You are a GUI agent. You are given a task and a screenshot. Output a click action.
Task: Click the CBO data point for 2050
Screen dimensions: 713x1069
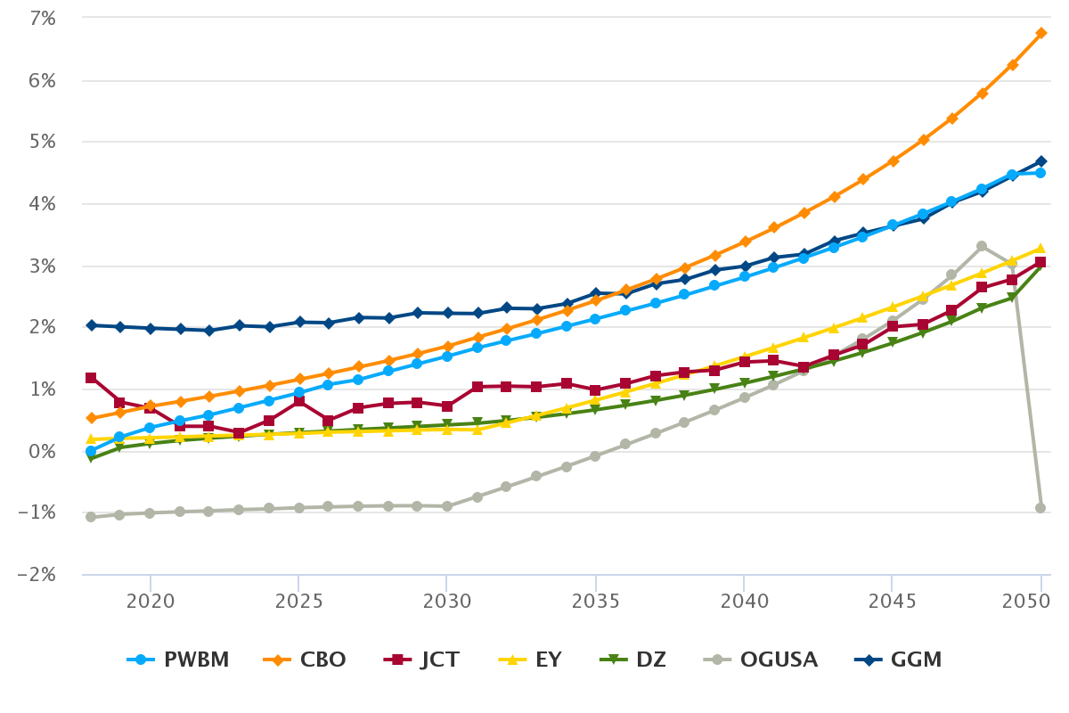(1040, 33)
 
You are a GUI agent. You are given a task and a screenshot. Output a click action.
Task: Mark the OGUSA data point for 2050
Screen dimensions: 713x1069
(1040, 508)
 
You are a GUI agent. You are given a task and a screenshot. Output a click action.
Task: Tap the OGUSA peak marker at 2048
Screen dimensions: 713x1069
(981, 246)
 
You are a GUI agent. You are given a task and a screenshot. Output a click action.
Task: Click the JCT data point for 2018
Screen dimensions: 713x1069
(91, 378)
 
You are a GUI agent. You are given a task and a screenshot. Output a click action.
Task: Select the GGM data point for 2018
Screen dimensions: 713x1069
(91, 325)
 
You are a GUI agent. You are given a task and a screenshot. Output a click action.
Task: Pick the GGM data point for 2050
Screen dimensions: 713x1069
(1040, 161)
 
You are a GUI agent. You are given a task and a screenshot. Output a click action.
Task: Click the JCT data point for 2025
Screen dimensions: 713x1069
(298, 401)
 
